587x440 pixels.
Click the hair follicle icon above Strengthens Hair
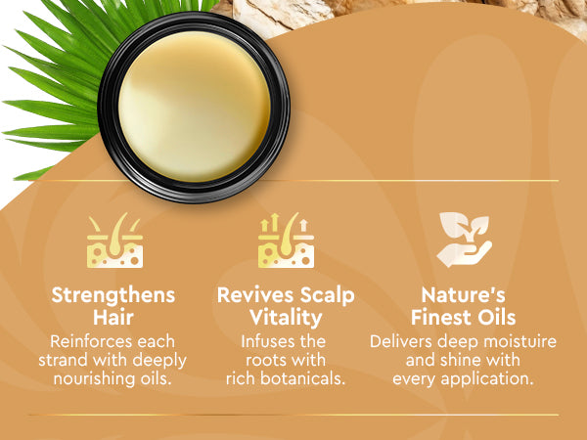coord(114,241)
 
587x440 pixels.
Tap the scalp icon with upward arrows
coord(286,241)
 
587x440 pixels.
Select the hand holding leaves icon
coord(464,240)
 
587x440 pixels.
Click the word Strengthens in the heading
coord(113,295)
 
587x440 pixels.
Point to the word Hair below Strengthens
coord(113,318)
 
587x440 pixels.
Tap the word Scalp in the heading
coord(327,296)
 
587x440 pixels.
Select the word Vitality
coord(286,319)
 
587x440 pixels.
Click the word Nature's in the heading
coord(463,295)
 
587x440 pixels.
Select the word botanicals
coord(303,378)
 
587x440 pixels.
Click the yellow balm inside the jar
coord(195,107)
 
